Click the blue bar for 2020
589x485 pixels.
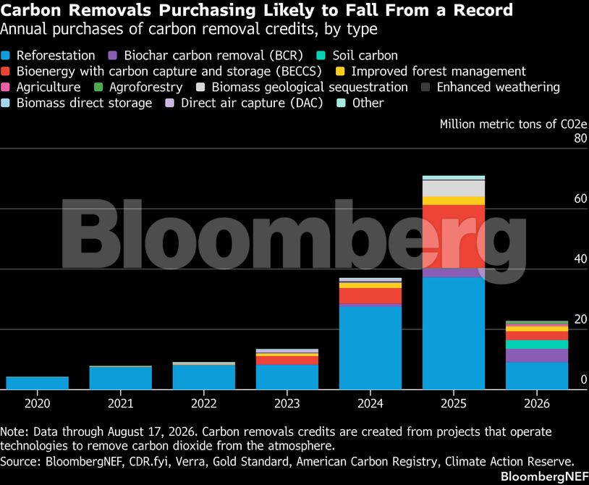click(x=38, y=383)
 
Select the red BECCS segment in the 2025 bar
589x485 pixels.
click(x=454, y=237)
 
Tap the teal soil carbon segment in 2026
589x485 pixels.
click(x=537, y=345)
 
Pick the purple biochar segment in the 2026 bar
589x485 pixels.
click(x=537, y=355)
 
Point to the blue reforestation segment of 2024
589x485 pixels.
click(x=370, y=348)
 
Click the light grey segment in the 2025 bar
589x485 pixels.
click(x=454, y=189)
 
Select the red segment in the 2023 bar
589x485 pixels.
click(x=287, y=360)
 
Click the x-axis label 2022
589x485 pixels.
click(x=204, y=403)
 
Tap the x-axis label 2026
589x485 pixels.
click(x=537, y=403)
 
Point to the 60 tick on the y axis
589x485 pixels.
click(x=580, y=199)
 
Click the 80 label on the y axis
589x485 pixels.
click(x=580, y=138)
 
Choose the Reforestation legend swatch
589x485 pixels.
click(x=5, y=56)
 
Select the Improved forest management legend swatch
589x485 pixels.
click(x=340, y=72)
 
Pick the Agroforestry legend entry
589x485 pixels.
click(x=138, y=87)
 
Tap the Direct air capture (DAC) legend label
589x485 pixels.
click(x=252, y=103)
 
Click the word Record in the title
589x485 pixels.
click(x=483, y=10)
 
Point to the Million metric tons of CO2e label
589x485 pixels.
click(x=513, y=125)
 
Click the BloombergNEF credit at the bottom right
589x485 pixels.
click(x=545, y=476)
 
